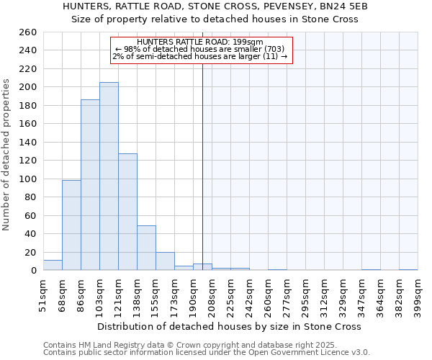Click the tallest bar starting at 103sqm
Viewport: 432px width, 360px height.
pyautogui.click(x=109, y=176)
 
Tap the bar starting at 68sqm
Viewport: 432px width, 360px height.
pyautogui.click(x=71, y=225)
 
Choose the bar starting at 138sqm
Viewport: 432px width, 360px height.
pyautogui.click(x=146, y=248)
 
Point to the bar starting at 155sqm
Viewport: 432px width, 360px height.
pyautogui.click(x=165, y=261)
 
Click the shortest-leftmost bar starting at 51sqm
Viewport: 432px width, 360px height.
pyautogui.click(x=53, y=266)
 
